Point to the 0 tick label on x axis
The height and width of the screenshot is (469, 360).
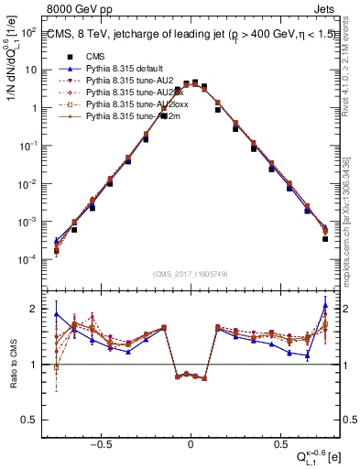(191, 442)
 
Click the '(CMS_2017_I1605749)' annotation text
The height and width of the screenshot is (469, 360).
(191, 273)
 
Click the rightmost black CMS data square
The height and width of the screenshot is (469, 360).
(325, 239)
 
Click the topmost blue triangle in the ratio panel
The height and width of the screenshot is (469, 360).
(325, 305)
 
